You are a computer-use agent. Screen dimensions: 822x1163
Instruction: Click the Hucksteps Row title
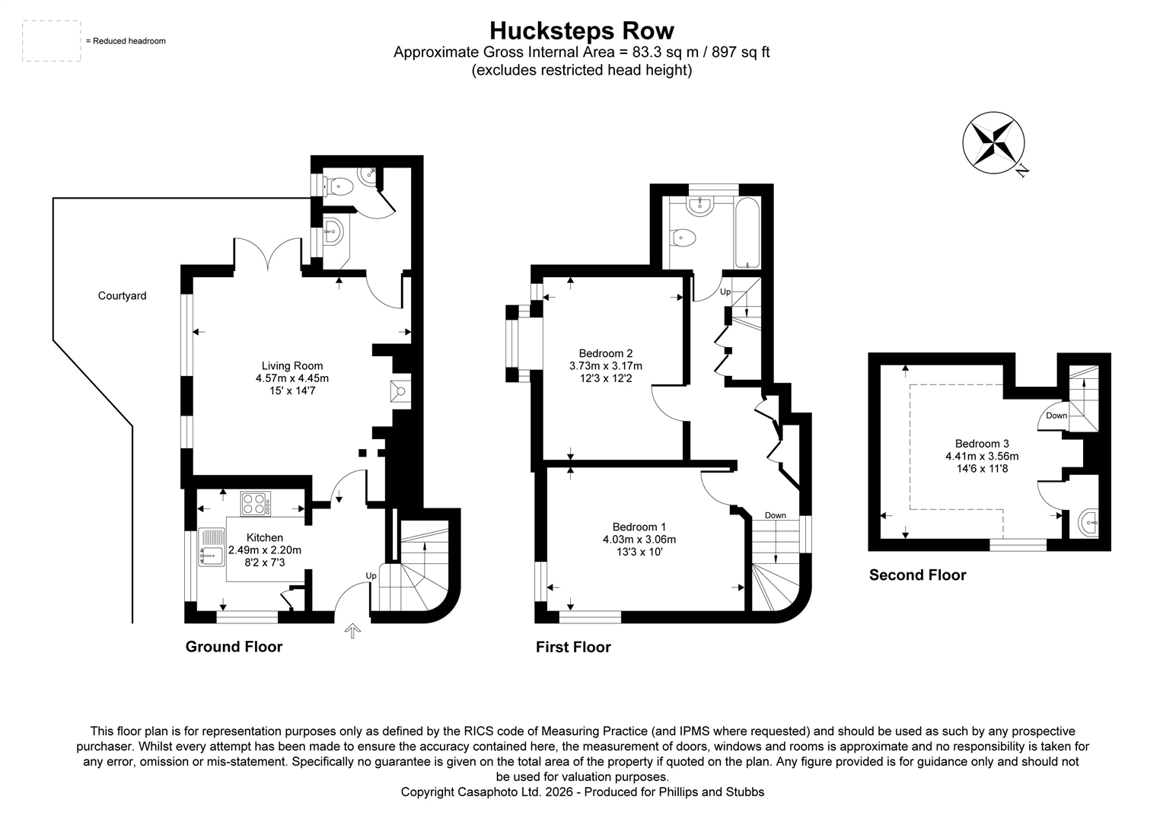(581, 30)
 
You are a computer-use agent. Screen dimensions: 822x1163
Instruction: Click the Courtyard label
(122, 295)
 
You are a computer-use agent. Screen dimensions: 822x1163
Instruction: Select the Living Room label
(292, 365)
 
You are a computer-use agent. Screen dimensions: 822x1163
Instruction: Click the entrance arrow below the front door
(352, 630)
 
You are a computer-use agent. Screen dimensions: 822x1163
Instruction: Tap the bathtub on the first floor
(747, 233)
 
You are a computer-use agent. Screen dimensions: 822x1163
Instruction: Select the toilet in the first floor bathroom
(684, 238)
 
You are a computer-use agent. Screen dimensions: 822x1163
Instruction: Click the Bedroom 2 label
(606, 353)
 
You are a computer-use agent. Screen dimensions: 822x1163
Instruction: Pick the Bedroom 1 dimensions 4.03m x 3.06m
(639, 540)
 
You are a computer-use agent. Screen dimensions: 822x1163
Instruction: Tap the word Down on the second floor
(1056, 416)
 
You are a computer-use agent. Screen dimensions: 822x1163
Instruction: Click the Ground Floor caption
(234, 647)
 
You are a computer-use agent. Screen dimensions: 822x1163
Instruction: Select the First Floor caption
(573, 647)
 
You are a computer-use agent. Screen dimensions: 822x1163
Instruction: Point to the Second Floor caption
(917, 575)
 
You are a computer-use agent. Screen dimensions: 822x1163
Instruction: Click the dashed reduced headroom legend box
(52, 41)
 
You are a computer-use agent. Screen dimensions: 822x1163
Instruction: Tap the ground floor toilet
(339, 186)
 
